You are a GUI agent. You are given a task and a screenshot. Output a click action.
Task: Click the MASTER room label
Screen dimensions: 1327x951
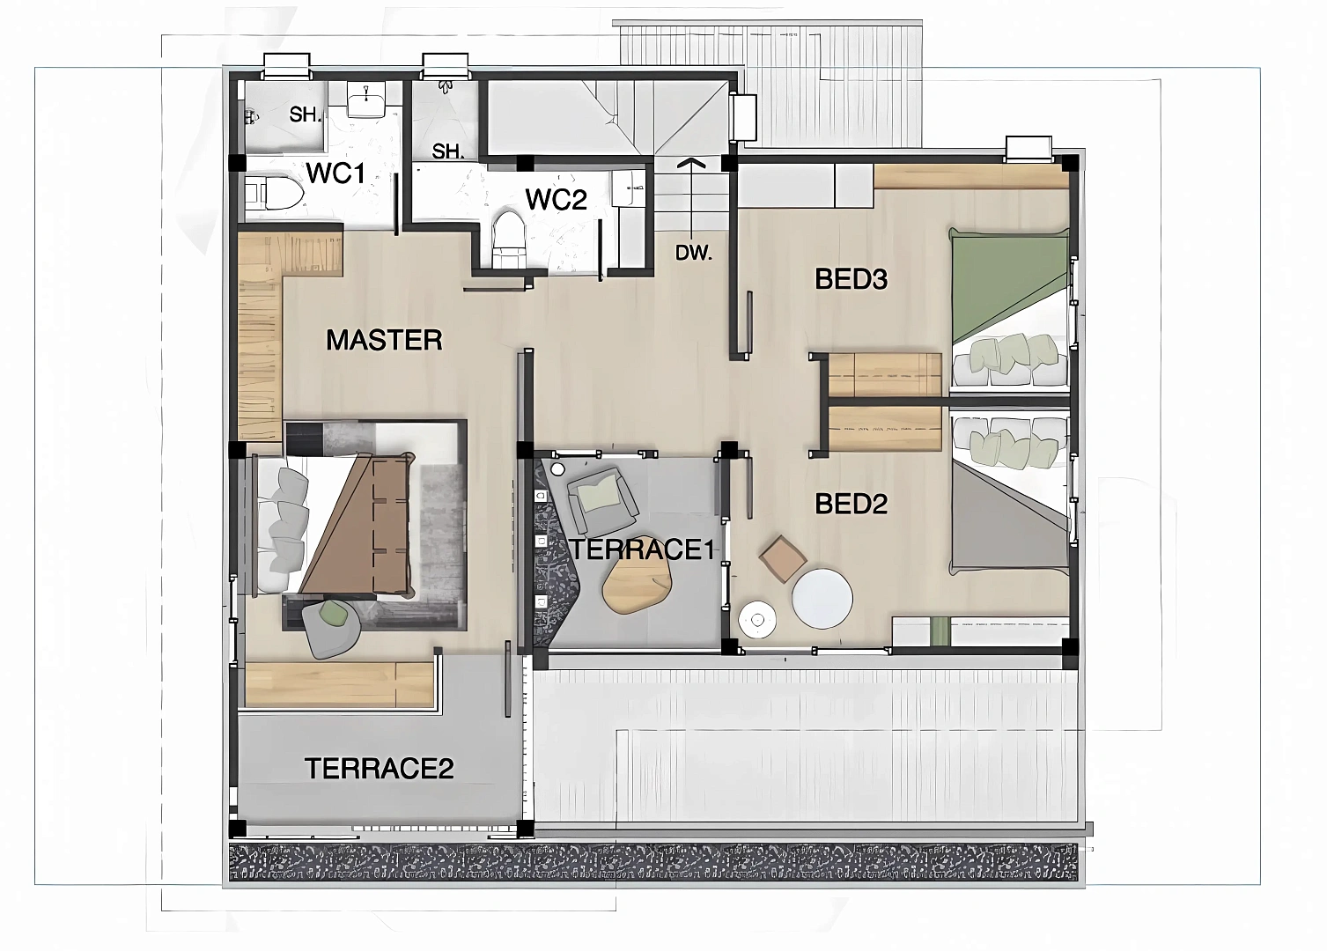point(384,340)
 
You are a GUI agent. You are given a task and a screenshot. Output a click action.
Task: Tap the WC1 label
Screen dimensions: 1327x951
point(335,173)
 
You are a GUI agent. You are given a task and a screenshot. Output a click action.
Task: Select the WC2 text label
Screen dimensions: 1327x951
point(556,200)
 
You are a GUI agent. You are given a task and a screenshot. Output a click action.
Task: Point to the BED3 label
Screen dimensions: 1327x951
point(851,279)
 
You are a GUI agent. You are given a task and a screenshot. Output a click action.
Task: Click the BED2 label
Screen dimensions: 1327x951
point(851,505)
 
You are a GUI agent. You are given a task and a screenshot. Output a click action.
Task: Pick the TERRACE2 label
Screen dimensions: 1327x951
point(380,769)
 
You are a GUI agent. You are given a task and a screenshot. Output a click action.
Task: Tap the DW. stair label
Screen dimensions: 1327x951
point(693,254)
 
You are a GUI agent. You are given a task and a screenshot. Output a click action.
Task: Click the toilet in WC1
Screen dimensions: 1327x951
point(275,192)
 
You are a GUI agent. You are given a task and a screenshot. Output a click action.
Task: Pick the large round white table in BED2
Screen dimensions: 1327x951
point(822,599)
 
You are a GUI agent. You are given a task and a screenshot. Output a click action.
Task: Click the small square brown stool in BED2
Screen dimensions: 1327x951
point(783,559)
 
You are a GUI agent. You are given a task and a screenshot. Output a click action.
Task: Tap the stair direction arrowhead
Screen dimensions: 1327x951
point(690,162)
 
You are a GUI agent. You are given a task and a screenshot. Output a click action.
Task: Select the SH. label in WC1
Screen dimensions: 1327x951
point(305,114)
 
